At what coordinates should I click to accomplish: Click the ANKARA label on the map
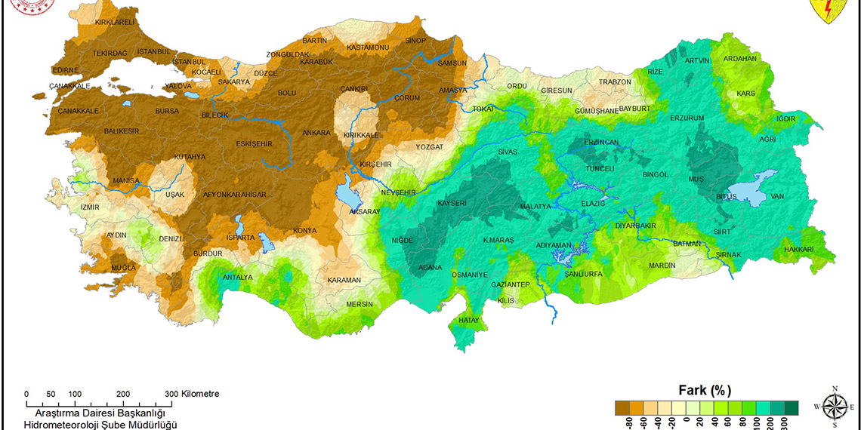click(316, 133)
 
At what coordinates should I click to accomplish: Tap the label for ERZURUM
click(687, 118)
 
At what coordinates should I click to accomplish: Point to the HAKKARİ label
click(798, 249)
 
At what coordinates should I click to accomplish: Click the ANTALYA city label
click(238, 277)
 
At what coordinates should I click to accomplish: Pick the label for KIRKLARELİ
click(114, 23)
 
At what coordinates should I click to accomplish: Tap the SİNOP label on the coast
click(415, 40)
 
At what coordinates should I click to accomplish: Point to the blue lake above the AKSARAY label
click(347, 194)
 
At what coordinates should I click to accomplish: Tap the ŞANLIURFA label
click(583, 274)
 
